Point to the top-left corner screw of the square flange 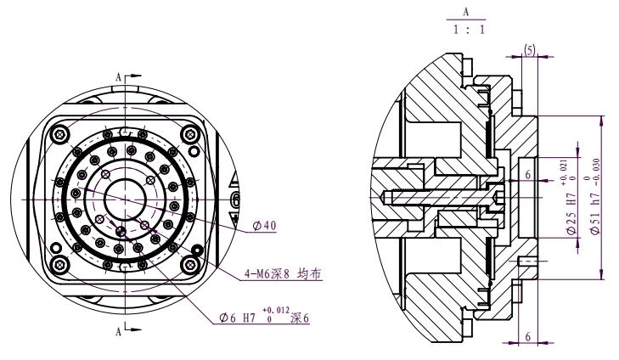tap(58, 134)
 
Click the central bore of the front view tap(125, 198)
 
